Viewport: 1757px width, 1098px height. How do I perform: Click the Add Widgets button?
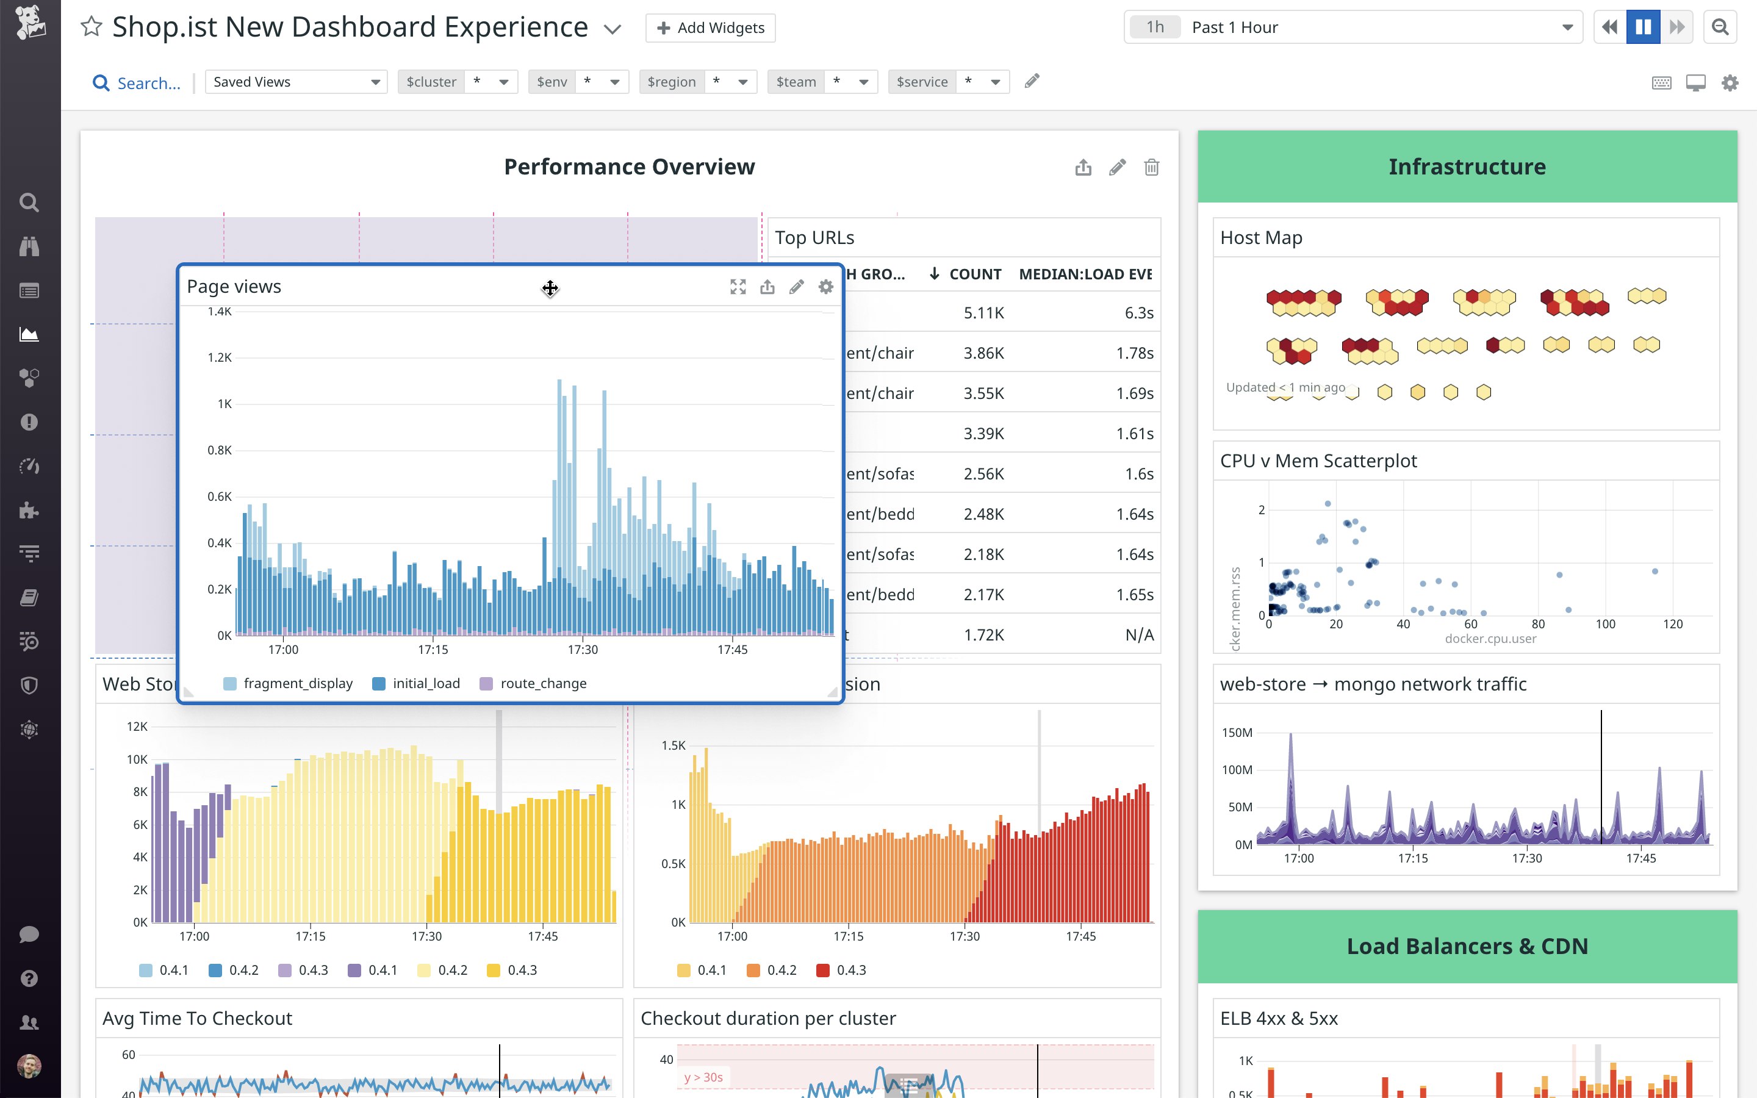(x=710, y=27)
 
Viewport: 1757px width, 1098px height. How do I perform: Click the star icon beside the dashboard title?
(x=92, y=27)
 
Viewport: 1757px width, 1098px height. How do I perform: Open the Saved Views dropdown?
(x=295, y=82)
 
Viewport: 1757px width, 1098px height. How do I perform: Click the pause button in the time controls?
(x=1643, y=27)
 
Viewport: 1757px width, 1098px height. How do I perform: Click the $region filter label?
(x=671, y=82)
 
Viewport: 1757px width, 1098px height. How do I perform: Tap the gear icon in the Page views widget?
(x=825, y=287)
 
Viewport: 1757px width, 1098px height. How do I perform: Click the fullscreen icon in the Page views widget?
(x=738, y=287)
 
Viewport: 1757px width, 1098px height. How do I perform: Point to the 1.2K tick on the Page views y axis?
(x=219, y=357)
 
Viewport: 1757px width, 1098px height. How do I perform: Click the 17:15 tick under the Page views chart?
(x=433, y=649)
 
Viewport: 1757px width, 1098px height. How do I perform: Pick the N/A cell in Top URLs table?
(x=1138, y=634)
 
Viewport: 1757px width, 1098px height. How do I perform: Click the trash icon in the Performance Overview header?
(x=1151, y=168)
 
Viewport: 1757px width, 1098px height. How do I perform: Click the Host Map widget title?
(x=1261, y=237)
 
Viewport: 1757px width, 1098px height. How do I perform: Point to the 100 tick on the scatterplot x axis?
(x=1605, y=624)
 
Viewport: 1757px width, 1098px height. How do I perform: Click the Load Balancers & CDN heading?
(x=1467, y=946)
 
